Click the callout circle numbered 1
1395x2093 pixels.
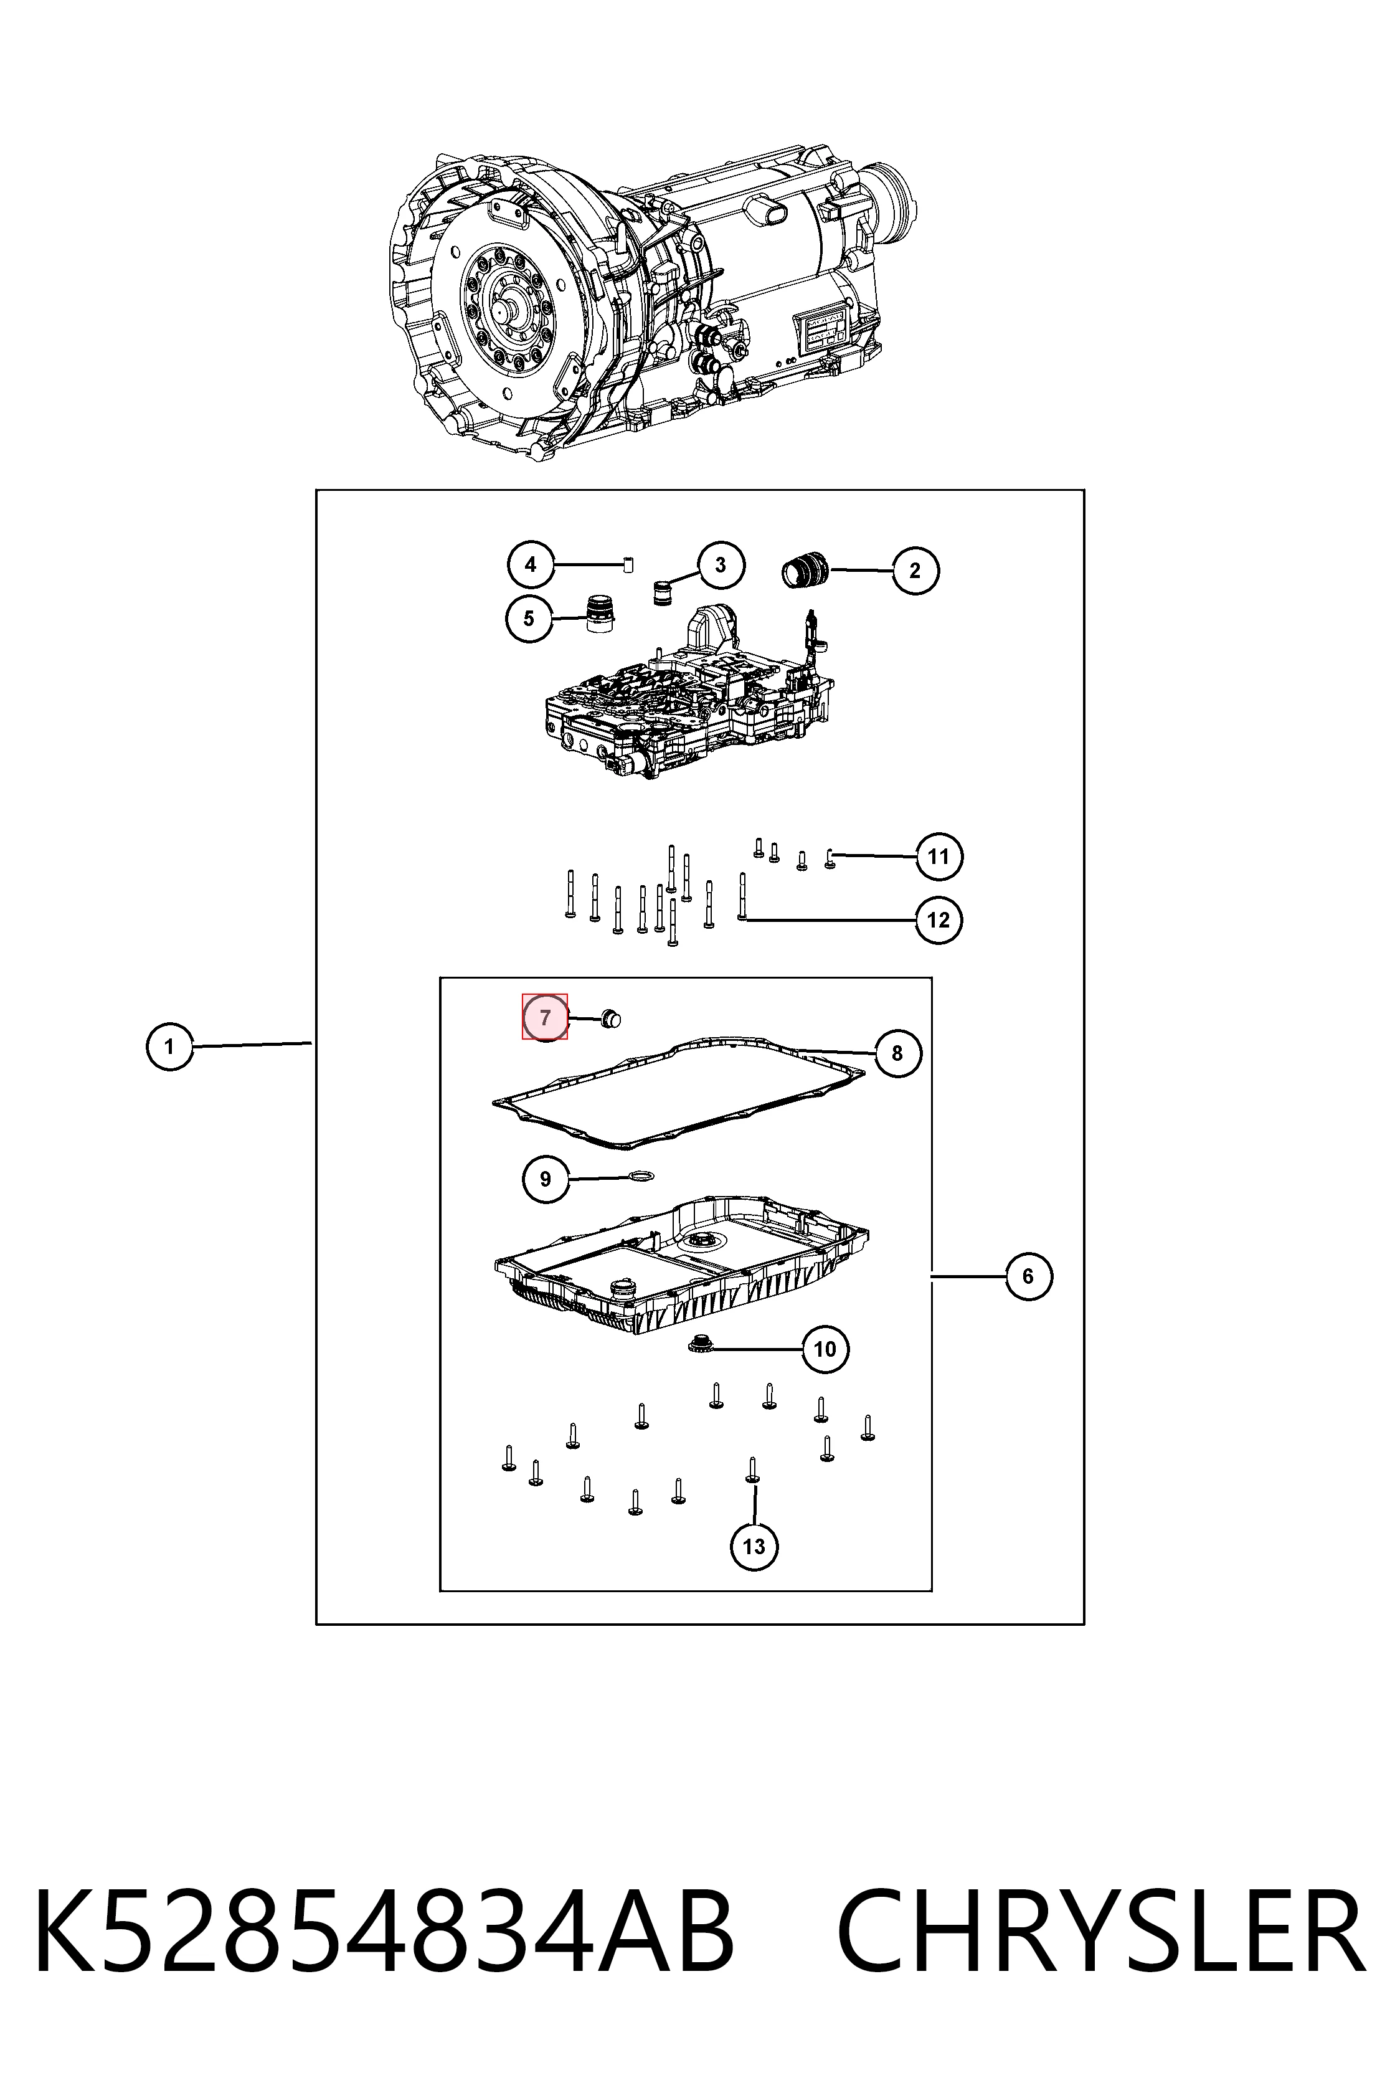click(x=169, y=1046)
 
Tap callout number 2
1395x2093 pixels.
click(x=915, y=571)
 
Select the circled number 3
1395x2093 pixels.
click(x=720, y=564)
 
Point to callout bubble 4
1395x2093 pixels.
click(x=531, y=564)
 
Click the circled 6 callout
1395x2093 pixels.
click(x=1028, y=1277)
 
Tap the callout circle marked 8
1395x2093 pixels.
click(x=897, y=1053)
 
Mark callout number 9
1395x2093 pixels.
click(x=546, y=1179)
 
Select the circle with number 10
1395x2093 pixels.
click(x=825, y=1349)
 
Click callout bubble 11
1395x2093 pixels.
click(x=939, y=857)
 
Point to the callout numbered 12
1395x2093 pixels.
click(x=939, y=919)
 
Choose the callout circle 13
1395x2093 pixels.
click(x=754, y=1547)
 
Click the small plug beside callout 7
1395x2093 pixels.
click(x=610, y=1020)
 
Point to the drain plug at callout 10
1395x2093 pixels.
click(x=699, y=1345)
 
